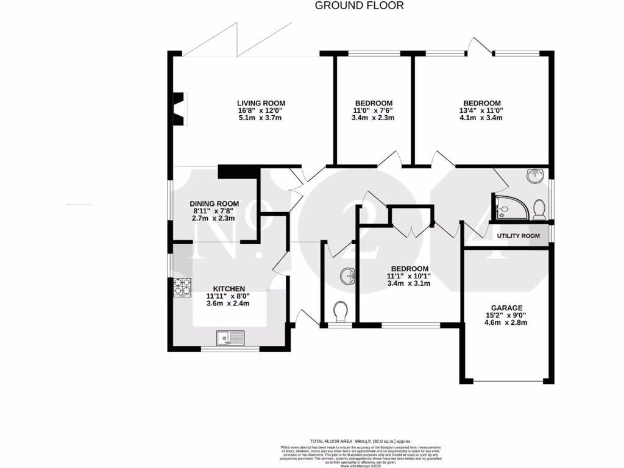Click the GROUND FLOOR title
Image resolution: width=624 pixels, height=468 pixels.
359,6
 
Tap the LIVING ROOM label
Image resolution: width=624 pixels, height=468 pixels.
261,103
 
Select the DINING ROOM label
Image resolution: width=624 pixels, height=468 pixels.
214,204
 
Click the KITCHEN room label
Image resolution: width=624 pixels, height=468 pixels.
229,289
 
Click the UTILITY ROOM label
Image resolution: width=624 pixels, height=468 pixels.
518,236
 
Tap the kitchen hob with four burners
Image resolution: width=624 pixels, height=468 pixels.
182,288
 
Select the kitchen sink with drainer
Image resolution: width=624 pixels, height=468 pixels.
230,337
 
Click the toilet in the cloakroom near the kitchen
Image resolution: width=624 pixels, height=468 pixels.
341,311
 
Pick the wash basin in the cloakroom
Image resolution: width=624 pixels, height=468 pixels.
349,276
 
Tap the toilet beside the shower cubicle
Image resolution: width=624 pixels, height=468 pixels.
539,209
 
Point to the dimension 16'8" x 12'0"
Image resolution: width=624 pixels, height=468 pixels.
261,111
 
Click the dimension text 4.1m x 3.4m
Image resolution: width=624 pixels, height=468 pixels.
481,118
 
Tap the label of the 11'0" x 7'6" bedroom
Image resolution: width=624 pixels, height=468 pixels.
374,103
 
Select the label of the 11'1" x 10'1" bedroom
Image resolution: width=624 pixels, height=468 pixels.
409,269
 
